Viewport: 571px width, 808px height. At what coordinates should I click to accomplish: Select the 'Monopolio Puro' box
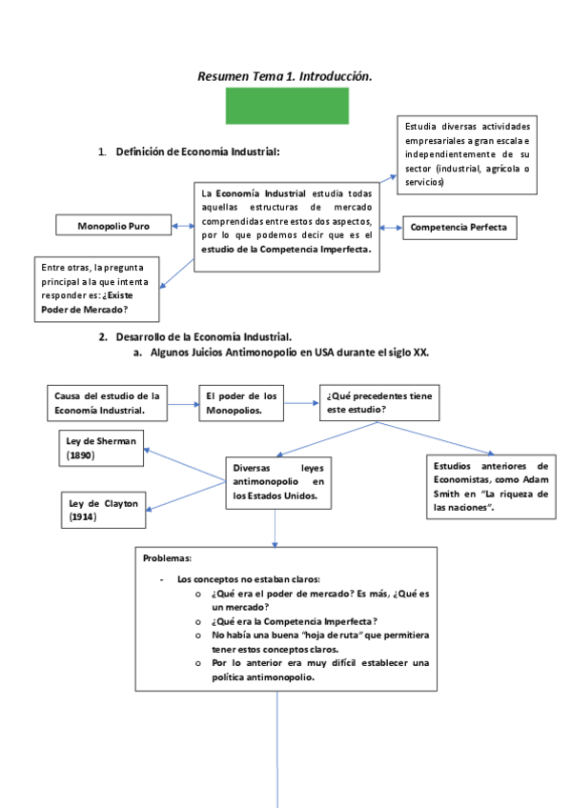(113, 227)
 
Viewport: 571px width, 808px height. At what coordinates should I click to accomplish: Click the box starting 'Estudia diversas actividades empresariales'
(467, 154)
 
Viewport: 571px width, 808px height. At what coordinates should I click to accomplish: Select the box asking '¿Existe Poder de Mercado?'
(95, 288)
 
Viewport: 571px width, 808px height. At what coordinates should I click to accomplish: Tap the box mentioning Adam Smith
(490, 487)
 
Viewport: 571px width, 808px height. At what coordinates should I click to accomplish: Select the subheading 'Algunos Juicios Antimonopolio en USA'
(286, 352)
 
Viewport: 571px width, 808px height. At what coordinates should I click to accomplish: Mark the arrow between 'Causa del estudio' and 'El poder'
(184, 403)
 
